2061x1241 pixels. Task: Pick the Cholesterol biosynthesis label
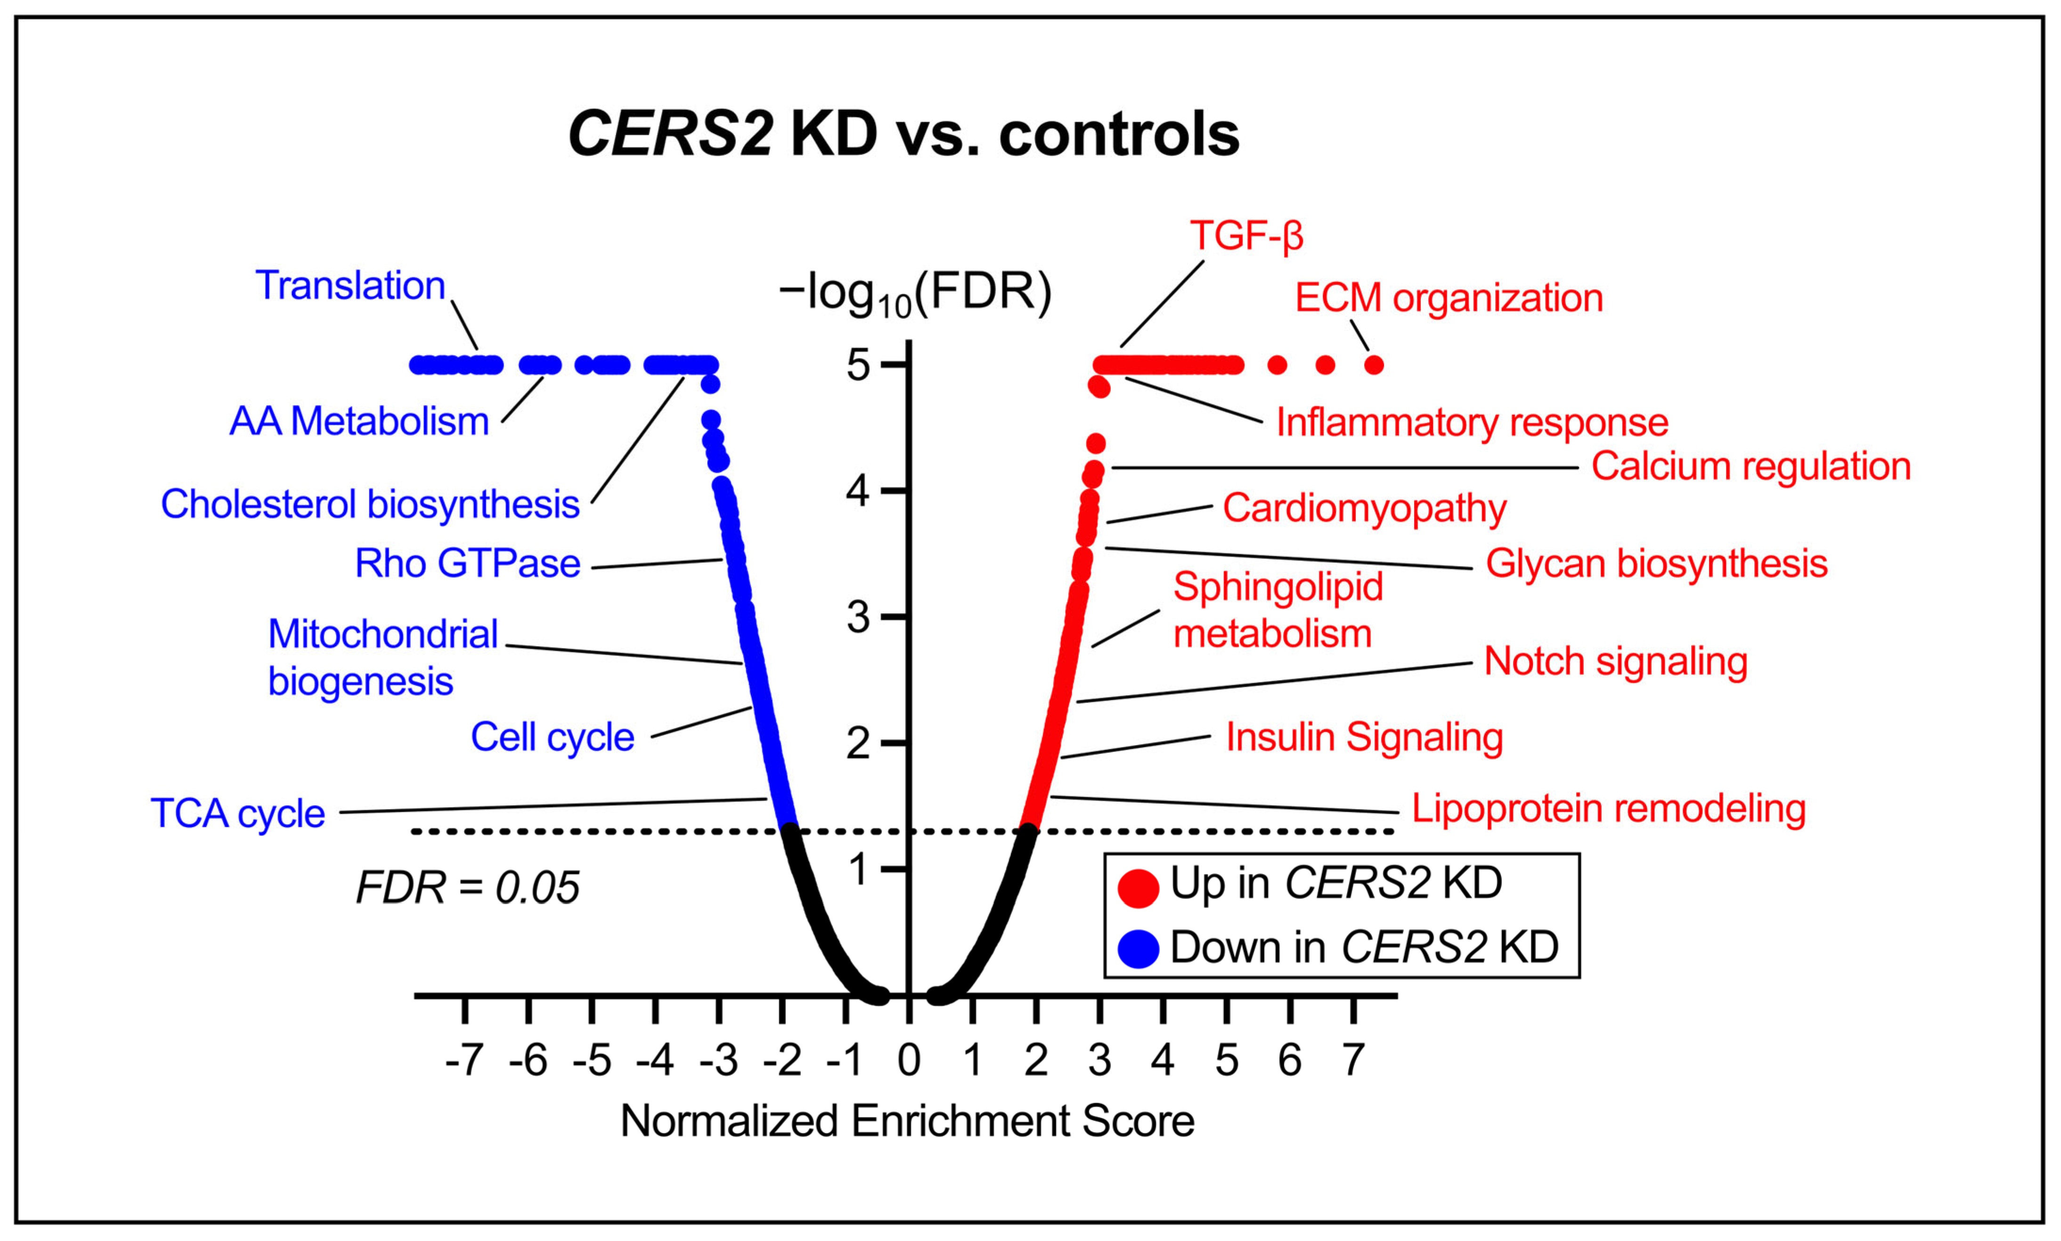click(370, 504)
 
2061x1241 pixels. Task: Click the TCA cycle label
click(237, 813)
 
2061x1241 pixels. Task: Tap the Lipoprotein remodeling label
click(1608, 809)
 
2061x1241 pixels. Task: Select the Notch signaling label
click(1615, 662)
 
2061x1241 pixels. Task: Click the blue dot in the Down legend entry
click(1139, 949)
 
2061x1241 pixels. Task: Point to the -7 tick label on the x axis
click(464, 1060)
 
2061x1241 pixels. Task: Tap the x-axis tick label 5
click(1226, 1060)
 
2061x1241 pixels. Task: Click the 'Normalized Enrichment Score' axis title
click(907, 1120)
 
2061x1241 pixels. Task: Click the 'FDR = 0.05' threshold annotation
click(468, 887)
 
